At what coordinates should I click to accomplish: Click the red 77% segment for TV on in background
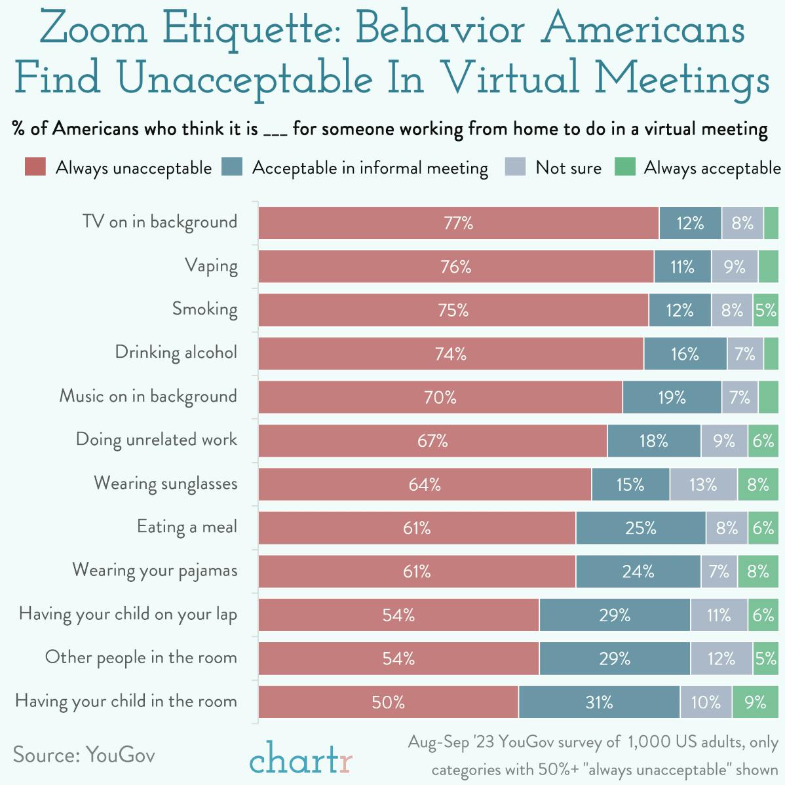point(458,223)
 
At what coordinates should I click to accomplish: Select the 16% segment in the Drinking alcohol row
point(685,354)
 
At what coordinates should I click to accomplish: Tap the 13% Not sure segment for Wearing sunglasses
point(703,484)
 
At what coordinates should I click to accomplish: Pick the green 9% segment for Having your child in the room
point(755,702)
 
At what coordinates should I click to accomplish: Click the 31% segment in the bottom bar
point(599,702)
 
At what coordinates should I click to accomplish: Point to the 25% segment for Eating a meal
point(640,528)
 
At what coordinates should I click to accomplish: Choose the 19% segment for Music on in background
point(672,397)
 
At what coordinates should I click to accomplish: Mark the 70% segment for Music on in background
point(440,397)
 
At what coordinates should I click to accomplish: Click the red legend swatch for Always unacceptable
point(35,168)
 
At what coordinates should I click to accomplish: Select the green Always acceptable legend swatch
point(625,168)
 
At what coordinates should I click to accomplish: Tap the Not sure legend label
point(568,168)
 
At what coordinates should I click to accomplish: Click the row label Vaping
point(211,266)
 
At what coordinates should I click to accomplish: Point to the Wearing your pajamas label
point(155,571)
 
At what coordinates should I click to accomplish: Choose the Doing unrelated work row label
point(157,440)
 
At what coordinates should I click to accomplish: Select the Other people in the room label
point(141,658)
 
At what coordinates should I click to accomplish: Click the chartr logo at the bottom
point(301,760)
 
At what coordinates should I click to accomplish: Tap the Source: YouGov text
point(84,754)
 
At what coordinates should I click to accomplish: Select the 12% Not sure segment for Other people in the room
point(721,659)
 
